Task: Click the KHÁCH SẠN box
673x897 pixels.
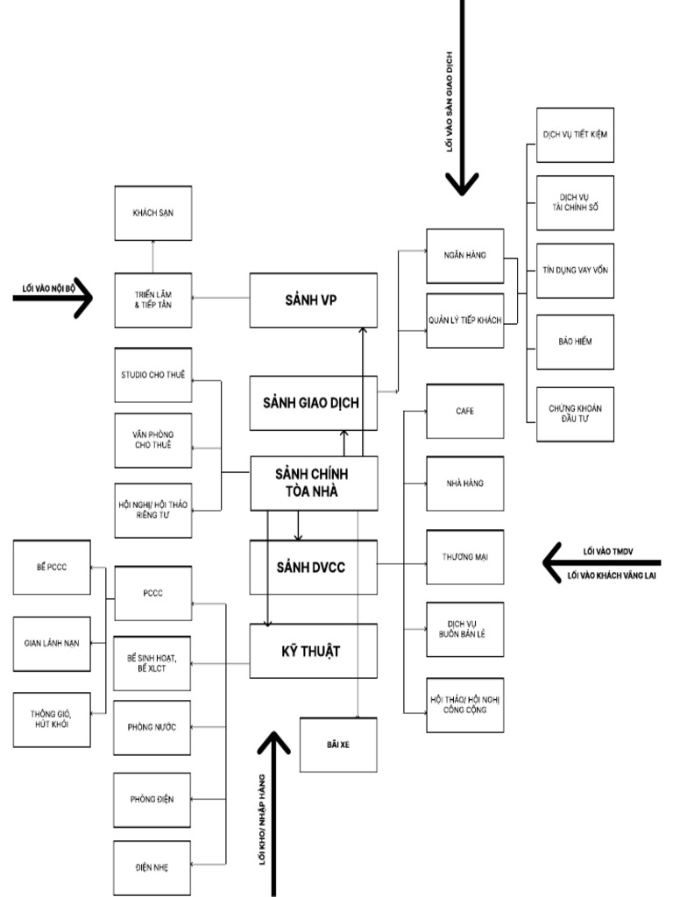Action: point(152,213)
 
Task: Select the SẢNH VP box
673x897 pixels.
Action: point(313,300)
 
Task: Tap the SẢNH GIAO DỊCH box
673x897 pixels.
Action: point(313,403)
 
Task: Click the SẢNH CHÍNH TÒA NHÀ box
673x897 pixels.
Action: point(313,482)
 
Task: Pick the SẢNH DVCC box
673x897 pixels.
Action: point(313,567)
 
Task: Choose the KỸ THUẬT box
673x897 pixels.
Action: point(313,651)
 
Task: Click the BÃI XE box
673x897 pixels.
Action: point(338,745)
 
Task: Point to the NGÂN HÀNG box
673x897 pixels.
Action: point(464,255)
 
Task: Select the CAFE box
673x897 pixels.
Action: point(464,410)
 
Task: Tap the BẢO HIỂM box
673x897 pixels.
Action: point(575,342)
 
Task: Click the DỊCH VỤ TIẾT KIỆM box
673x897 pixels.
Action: point(575,135)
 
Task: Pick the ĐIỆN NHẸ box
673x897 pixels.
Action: point(152,867)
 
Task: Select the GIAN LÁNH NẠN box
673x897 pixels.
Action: point(52,642)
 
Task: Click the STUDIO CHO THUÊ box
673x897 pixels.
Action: point(152,375)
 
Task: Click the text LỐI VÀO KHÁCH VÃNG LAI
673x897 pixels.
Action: point(612,576)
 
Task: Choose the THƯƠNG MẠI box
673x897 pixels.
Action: point(464,557)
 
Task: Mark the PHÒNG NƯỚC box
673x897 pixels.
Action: point(152,726)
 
